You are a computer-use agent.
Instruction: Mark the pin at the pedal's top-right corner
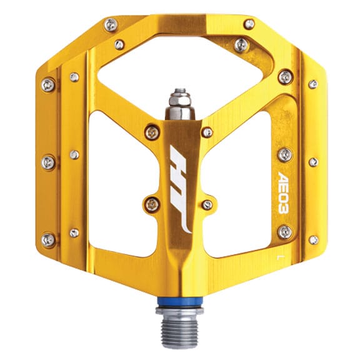click(249, 24)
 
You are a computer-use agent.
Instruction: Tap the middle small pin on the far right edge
click(313, 161)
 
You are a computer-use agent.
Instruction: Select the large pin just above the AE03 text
click(285, 154)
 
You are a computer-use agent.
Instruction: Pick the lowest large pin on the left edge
click(47, 239)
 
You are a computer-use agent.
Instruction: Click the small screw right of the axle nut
click(207, 132)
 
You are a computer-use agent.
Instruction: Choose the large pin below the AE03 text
click(285, 232)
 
